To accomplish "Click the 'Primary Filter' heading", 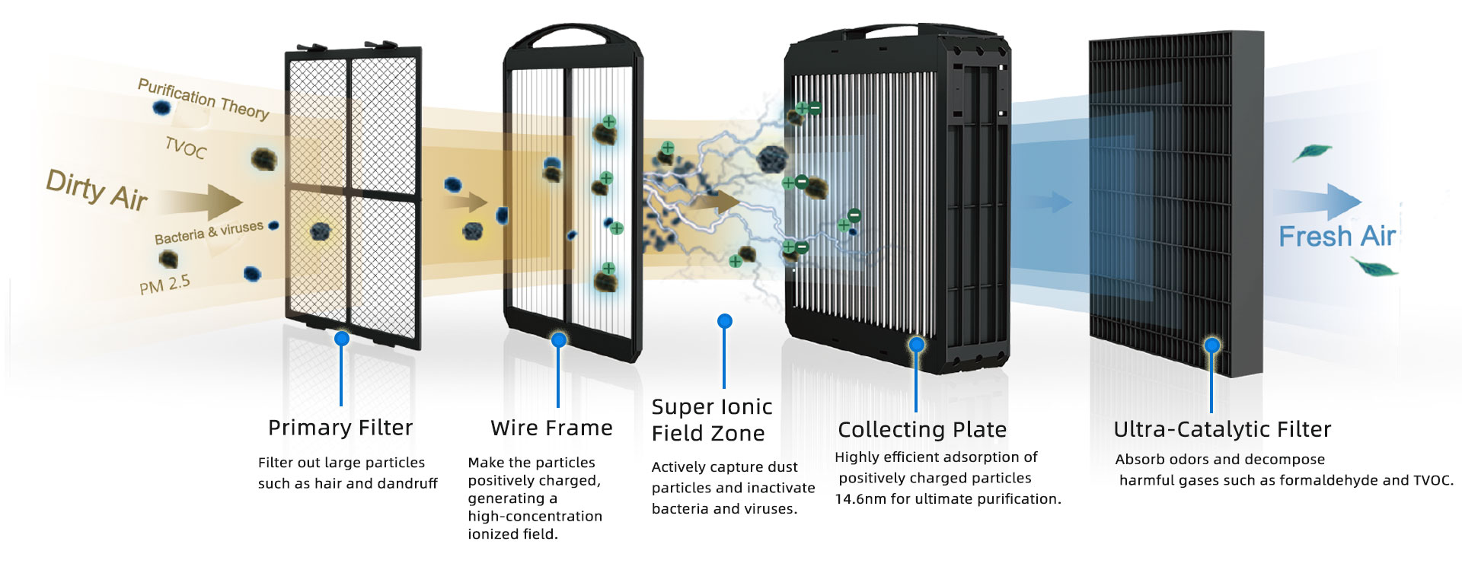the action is point(340,428).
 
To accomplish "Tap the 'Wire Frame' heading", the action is point(551,428).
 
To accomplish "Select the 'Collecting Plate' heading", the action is point(922,430).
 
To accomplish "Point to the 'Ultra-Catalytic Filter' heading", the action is point(1222,429).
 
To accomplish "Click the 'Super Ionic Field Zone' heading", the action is point(712,420).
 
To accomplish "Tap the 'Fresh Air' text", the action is point(1337,237).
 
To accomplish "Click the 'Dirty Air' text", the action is point(97,189).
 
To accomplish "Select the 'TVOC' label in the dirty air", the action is point(186,147).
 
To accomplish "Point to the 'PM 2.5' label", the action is point(164,285).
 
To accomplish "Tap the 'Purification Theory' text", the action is point(203,99).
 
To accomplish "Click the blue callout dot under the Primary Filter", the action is point(342,339).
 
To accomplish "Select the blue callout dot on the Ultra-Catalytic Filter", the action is point(1212,345).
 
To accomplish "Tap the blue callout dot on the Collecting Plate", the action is point(917,345).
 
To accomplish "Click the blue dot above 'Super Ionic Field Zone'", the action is point(725,321).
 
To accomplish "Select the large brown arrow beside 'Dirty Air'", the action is point(202,202).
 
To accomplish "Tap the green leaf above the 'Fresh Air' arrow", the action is point(1311,152).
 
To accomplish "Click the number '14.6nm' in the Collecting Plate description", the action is point(860,499).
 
